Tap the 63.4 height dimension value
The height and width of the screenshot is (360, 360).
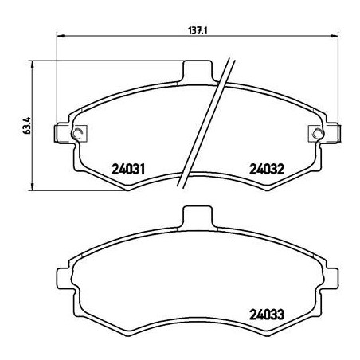(x=27, y=126)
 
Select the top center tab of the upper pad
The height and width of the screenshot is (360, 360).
(x=195, y=72)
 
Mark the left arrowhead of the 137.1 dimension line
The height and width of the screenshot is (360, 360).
(x=61, y=36)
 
